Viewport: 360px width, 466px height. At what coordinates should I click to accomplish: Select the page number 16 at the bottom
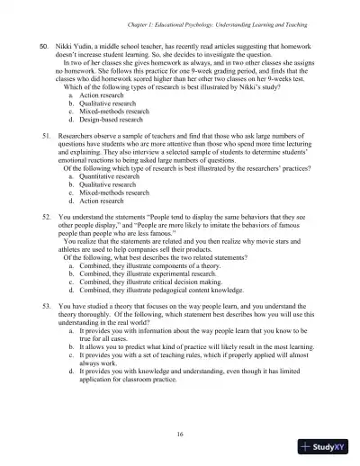(180, 434)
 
